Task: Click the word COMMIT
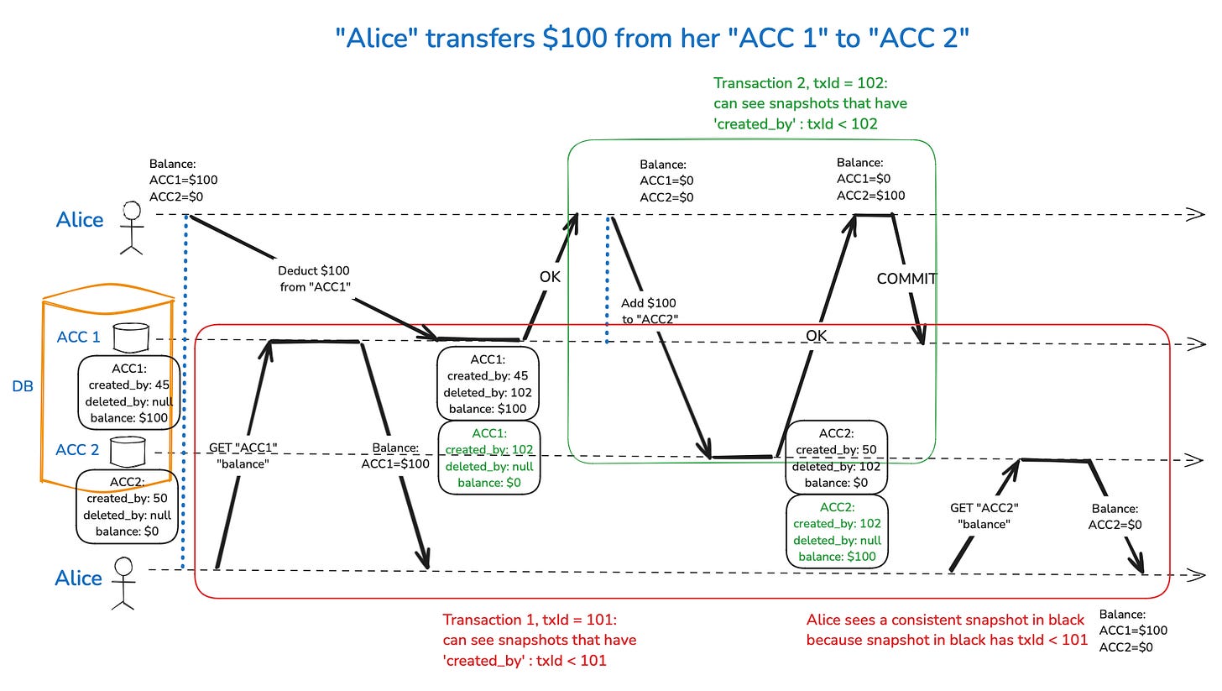[906, 279]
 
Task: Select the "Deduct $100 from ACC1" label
[313, 279]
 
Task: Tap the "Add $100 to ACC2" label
[648, 311]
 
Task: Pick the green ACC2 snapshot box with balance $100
[836, 531]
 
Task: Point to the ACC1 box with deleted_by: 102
[488, 383]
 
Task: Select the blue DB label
[23, 387]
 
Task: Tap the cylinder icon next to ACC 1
[131, 338]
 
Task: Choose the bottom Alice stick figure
[123, 581]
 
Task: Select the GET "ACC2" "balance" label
[984, 516]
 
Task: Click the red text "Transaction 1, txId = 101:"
[530, 620]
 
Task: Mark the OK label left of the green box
[550, 276]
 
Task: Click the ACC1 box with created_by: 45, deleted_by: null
[128, 392]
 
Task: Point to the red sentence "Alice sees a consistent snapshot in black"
[946, 620]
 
